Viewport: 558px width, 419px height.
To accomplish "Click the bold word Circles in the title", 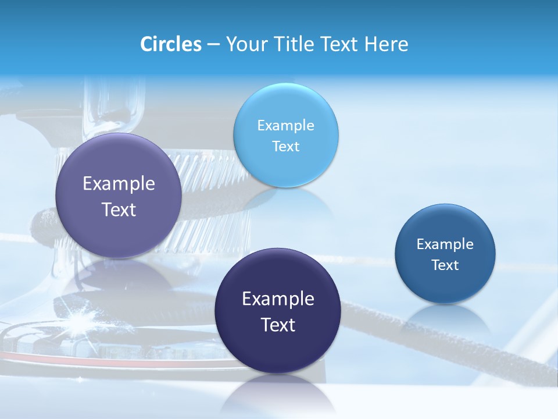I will [170, 44].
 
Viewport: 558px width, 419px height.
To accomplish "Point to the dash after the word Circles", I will [213, 45].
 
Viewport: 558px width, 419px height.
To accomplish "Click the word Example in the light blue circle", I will [285, 126].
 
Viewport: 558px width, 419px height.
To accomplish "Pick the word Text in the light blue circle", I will [285, 147].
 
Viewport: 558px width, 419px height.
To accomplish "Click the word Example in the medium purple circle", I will [119, 184].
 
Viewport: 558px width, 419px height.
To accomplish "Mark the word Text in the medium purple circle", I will [119, 210].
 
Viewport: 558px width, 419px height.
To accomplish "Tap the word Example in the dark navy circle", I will [278, 299].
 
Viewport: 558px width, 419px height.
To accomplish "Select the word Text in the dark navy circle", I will [278, 325].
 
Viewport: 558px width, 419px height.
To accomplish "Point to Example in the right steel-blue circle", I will [445, 244].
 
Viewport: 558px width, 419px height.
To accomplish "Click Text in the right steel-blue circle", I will [445, 265].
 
